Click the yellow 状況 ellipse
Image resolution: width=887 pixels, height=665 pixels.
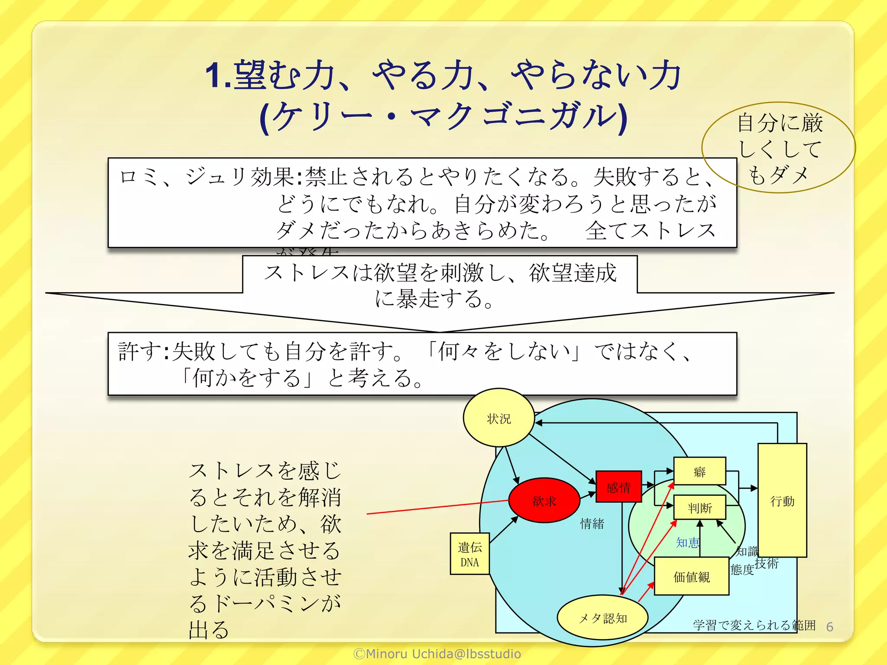tap(499, 418)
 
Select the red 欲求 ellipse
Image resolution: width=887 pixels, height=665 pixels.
tap(544, 500)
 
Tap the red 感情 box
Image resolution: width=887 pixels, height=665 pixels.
tap(618, 487)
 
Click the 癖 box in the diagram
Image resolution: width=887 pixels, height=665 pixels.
tap(699, 471)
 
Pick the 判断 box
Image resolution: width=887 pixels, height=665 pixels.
tap(699, 507)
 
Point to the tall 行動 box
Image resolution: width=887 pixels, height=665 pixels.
tap(782, 500)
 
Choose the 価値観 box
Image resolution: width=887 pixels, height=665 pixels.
tap(691, 576)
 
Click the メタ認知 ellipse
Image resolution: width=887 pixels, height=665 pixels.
tap(602, 618)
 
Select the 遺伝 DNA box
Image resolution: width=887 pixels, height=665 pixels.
tap(469, 554)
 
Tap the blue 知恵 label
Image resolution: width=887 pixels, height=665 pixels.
tap(687, 542)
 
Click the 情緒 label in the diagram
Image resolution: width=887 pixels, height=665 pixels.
tap(592, 523)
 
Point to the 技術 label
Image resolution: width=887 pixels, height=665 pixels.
tap(767, 563)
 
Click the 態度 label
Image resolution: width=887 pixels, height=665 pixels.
tap(742, 569)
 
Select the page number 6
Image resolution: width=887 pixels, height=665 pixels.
tap(829, 626)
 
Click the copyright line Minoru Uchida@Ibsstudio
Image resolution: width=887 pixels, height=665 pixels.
tap(437, 654)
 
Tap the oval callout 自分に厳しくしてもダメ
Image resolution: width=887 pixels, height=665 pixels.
tap(778, 148)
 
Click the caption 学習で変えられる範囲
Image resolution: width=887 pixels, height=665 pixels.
tap(754, 625)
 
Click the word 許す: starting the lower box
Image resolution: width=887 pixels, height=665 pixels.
tap(143, 351)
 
